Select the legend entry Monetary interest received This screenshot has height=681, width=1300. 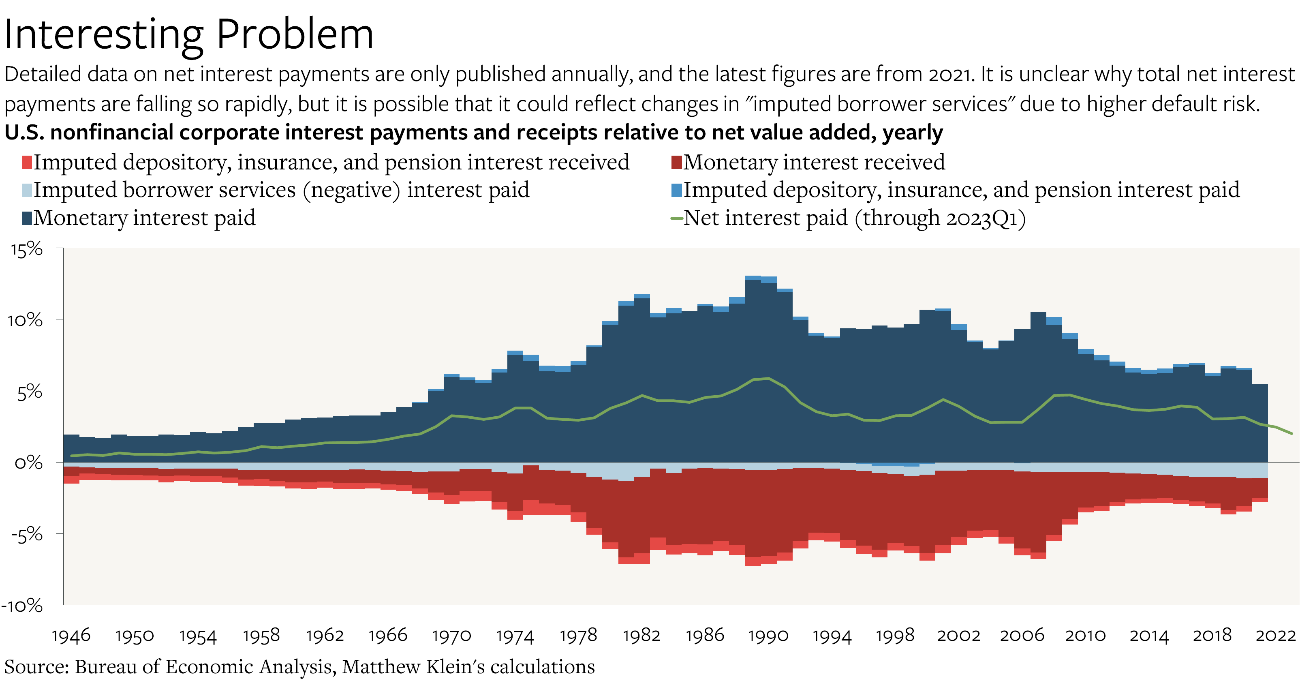[x=813, y=162]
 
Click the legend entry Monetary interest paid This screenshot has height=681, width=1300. [x=144, y=218]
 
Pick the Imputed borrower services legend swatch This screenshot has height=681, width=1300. [x=27, y=191]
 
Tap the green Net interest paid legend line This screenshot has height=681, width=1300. [x=676, y=218]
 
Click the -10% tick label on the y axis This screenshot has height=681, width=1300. [x=22, y=605]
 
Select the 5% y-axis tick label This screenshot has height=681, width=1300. [x=30, y=392]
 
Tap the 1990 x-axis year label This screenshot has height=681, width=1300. [x=768, y=635]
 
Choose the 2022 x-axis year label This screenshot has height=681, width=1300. [x=1275, y=635]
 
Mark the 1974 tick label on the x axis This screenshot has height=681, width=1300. [x=515, y=635]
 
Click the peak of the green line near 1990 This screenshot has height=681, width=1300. [x=769, y=378]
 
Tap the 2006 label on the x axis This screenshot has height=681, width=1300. [x=1022, y=635]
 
